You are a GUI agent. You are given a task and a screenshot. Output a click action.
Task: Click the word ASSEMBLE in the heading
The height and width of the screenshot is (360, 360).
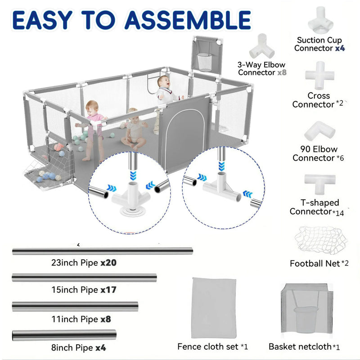188,20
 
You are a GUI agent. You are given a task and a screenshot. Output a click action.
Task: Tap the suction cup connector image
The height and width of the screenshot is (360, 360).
320,21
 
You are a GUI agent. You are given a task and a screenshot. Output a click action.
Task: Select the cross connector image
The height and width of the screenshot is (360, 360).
319,76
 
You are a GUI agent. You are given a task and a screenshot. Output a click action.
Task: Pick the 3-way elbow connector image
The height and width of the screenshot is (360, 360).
262,46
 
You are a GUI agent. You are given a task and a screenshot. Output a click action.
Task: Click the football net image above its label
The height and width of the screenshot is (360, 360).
321,240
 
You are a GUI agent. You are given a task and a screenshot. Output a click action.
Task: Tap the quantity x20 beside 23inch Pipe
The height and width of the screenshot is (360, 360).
108,263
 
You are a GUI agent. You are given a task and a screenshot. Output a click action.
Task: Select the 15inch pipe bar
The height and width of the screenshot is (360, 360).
84,278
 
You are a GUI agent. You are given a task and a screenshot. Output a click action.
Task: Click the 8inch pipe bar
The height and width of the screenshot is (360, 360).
64,335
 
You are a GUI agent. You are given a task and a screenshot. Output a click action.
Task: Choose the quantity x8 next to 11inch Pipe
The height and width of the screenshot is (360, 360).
106,319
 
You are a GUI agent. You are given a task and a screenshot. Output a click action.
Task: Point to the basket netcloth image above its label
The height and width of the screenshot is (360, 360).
307,308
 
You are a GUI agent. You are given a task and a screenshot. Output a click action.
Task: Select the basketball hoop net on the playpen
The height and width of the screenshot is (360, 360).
205,62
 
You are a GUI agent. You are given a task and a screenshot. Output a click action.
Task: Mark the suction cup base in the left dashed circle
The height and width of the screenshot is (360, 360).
131,211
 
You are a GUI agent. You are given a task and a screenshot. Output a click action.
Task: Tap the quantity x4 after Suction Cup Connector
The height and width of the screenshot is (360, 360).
340,48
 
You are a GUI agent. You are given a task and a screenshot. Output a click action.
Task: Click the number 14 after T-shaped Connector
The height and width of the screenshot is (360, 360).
340,213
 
